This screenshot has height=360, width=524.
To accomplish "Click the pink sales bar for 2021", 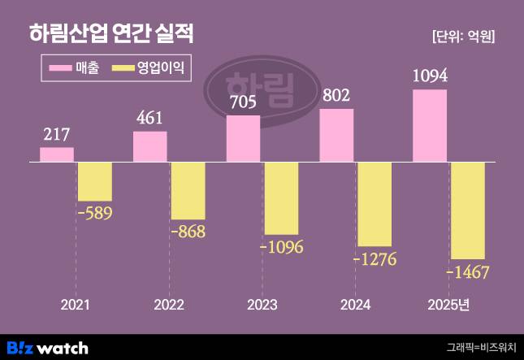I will (x=57, y=154).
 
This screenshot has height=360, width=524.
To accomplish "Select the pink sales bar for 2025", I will (x=430, y=125).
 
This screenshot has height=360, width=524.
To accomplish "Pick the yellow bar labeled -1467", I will (x=468, y=210).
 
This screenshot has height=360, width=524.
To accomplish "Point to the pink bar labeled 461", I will (x=150, y=146).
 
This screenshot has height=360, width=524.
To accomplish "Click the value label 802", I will (x=336, y=96).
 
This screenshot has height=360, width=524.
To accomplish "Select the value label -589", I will (x=94, y=213).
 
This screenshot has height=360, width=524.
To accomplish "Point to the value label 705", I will (x=243, y=102).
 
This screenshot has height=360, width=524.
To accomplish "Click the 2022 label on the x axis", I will (x=169, y=305).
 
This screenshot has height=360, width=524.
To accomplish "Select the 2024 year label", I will (x=355, y=305).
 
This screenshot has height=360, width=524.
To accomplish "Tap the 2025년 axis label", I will (x=452, y=305).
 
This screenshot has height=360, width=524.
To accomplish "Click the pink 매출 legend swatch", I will (x=62, y=69).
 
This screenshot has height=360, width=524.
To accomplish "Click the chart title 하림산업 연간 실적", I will (x=111, y=34).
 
